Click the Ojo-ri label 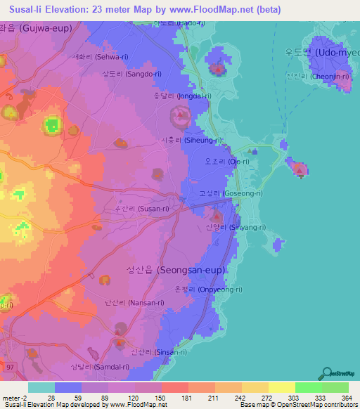226,162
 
